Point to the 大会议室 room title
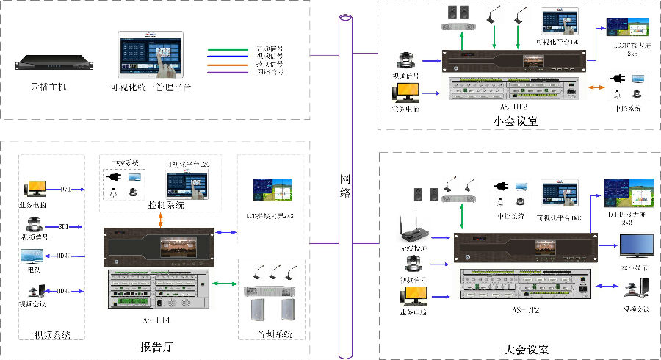(526, 349)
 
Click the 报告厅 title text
(156, 347)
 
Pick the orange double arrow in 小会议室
(598, 89)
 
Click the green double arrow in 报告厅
(225, 282)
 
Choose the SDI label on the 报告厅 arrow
(63, 227)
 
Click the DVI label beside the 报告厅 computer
(64, 189)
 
